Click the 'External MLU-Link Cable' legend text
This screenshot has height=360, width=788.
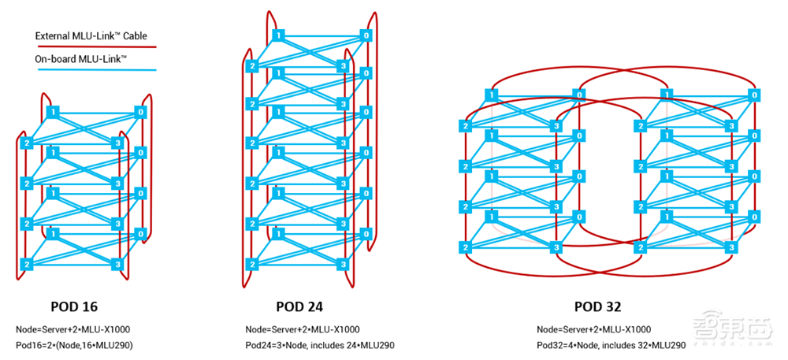click(91, 35)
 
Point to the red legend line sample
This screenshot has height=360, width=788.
click(95, 46)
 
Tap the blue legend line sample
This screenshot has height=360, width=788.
click(95, 70)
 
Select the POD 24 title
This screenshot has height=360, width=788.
click(299, 306)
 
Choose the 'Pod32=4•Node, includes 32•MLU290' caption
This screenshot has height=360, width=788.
click(611, 345)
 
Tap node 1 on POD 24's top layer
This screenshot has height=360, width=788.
click(277, 35)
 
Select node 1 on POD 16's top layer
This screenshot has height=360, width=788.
click(52, 113)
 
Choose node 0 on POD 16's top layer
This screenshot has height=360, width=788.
click(142, 113)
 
